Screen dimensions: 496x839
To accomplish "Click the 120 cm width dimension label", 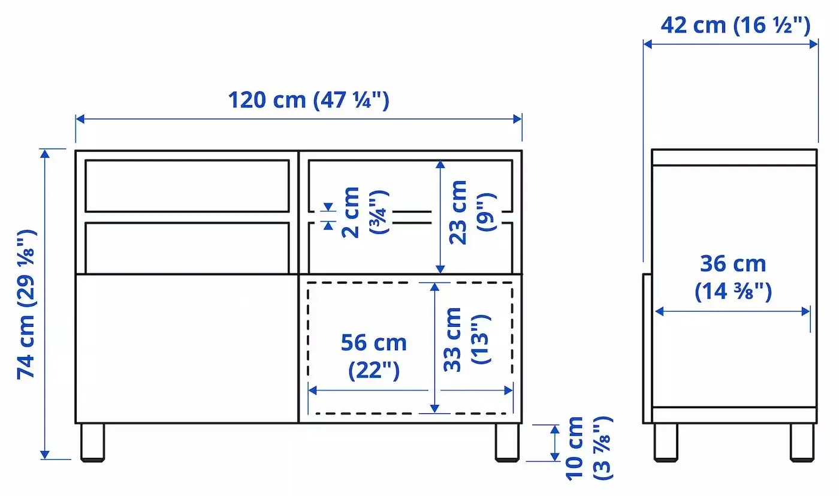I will (x=308, y=100).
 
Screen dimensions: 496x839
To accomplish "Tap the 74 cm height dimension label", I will (x=27, y=304).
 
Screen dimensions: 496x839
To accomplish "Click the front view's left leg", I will (x=93, y=442).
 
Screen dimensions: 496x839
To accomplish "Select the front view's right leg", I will (x=508, y=442).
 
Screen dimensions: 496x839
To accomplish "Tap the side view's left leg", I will (x=665, y=442).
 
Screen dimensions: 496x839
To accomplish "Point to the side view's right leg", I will (x=801, y=442).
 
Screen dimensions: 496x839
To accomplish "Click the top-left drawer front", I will (x=187, y=185).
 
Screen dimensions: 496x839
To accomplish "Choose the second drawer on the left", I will (x=187, y=247).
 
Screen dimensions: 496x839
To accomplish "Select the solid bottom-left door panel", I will (x=187, y=348).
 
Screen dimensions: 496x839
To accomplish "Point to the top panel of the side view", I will (x=734, y=157).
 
